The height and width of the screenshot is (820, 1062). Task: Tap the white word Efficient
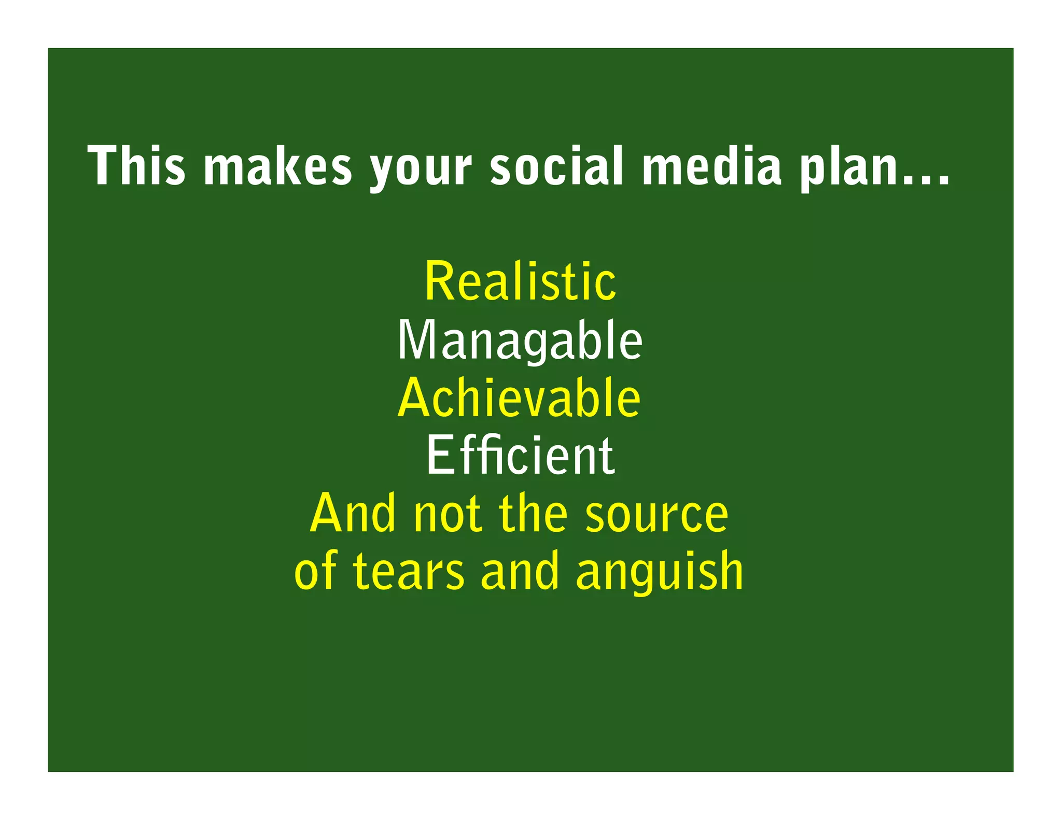tap(520, 456)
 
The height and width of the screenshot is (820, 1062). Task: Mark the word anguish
tap(660, 573)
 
